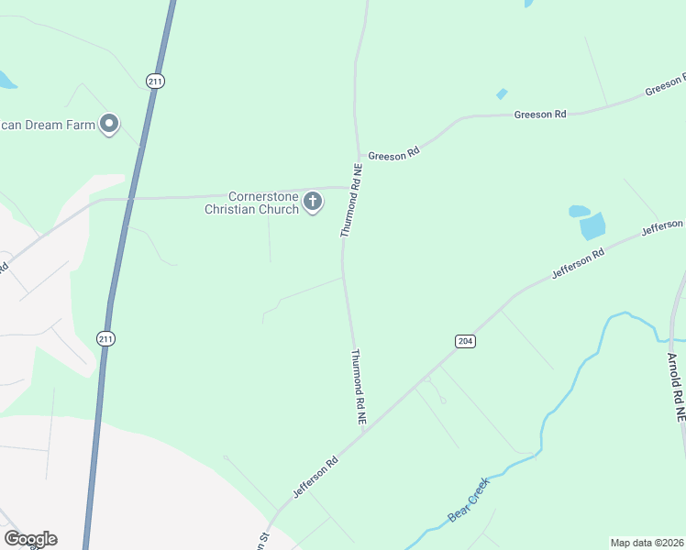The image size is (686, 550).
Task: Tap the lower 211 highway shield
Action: [106, 338]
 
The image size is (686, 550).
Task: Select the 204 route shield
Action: [465, 341]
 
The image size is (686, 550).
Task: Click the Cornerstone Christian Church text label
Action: [251, 203]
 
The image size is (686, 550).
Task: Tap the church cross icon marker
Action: [313, 201]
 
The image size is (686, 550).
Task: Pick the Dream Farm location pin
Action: [110, 124]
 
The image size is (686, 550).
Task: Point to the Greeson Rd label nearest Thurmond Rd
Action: [393, 156]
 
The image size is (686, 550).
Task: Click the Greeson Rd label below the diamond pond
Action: [540, 114]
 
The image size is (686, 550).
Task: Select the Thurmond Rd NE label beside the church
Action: [352, 201]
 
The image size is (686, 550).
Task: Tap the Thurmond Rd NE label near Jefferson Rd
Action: [359, 386]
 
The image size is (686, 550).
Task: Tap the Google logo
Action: [30, 539]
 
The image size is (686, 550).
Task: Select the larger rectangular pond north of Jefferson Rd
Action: [592, 225]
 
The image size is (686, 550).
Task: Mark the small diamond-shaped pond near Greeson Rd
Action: [502, 93]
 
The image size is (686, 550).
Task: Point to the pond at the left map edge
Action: [6, 80]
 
